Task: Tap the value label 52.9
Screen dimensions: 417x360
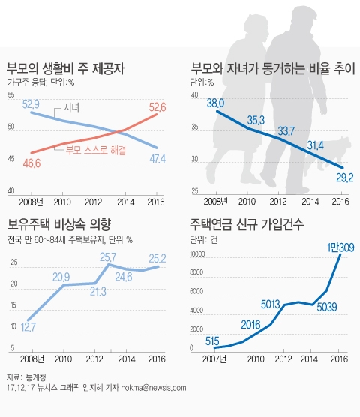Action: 31,103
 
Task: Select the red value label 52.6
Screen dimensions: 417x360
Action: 155,106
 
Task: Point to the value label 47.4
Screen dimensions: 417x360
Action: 157,158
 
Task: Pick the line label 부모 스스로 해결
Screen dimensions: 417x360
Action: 95,150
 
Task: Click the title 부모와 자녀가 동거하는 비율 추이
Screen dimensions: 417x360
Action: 272,70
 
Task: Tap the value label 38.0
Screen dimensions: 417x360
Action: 216,103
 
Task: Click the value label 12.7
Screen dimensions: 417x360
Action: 29,326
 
